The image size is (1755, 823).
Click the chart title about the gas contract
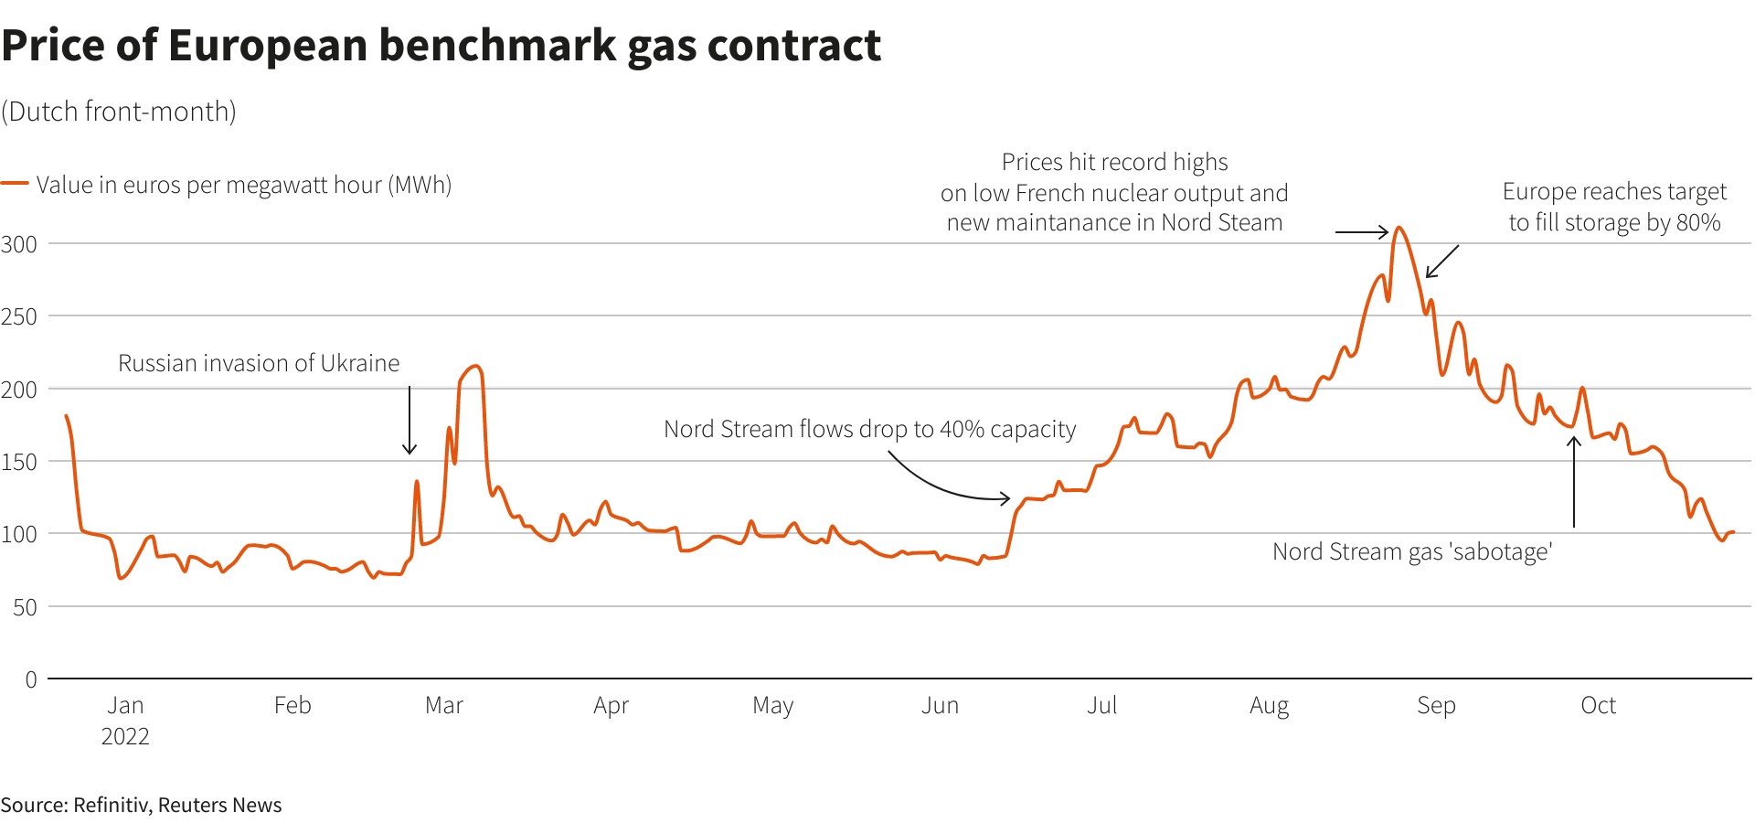(x=441, y=46)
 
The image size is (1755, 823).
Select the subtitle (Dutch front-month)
(x=119, y=112)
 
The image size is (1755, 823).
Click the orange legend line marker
(x=15, y=184)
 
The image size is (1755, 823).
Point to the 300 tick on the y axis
(x=19, y=244)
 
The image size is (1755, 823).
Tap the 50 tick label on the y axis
(x=25, y=607)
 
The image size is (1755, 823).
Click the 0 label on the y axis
(x=31, y=679)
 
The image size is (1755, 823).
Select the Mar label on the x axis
(x=444, y=705)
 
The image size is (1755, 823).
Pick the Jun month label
(x=940, y=705)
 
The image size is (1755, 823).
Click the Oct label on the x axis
(x=1598, y=705)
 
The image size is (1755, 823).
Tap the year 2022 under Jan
(x=125, y=736)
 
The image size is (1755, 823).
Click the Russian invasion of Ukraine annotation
(x=259, y=363)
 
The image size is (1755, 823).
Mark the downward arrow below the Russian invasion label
(x=409, y=421)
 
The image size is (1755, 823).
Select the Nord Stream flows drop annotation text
(x=869, y=429)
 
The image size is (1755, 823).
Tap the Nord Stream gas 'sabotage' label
(x=1412, y=551)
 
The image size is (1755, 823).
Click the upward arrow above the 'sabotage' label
(x=1574, y=482)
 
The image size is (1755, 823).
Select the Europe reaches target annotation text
(x=1614, y=207)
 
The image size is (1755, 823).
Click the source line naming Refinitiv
(x=142, y=805)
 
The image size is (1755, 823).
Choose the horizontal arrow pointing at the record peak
(x=1362, y=232)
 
